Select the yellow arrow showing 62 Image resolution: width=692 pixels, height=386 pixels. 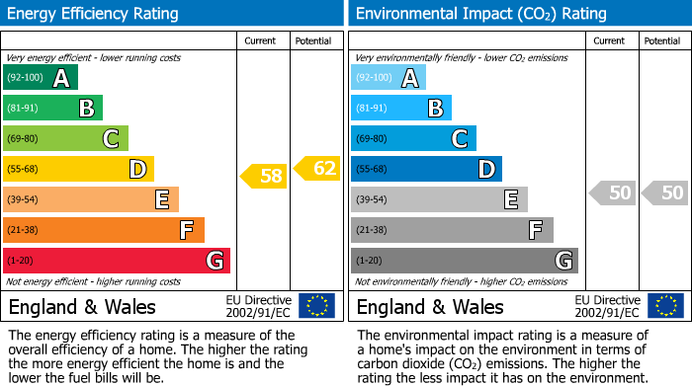(317, 169)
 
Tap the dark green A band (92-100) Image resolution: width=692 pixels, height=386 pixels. (41, 78)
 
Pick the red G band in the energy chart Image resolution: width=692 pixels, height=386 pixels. (117, 261)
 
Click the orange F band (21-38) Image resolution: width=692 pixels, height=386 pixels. (104, 230)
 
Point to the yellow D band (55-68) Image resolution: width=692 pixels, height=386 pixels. (78, 169)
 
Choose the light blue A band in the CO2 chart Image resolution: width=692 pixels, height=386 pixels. (389, 78)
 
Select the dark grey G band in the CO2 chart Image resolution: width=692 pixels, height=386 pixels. (464, 261)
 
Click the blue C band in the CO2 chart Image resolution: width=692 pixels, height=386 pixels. (413, 138)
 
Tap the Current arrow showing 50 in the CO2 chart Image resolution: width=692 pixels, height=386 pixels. (612, 193)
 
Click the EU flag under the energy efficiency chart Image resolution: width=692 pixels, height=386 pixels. (316, 305)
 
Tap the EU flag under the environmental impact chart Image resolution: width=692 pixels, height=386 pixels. (666, 305)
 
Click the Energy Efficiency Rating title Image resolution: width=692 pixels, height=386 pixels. (94, 14)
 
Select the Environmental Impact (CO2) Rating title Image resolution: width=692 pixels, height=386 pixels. (480, 14)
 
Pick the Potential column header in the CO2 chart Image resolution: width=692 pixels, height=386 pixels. (662, 40)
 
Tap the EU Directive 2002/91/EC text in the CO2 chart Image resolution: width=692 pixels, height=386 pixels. (608, 305)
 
